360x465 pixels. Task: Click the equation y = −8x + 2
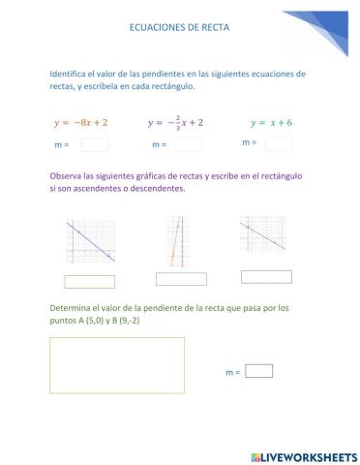pyautogui.click(x=81, y=123)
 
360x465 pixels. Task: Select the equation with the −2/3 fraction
pyautogui.click(x=175, y=123)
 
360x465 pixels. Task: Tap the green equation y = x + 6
pyautogui.click(x=271, y=123)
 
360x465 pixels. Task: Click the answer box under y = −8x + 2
pyautogui.click(x=95, y=145)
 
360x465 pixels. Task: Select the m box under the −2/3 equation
pyautogui.click(x=189, y=145)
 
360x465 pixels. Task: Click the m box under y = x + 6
pyautogui.click(x=278, y=143)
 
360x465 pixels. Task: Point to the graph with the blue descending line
pyautogui.click(x=91, y=241)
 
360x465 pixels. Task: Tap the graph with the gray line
pyautogui.click(x=262, y=235)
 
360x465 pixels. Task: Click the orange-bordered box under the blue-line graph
pyautogui.click(x=89, y=282)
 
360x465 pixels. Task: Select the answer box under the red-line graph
pyautogui.click(x=181, y=279)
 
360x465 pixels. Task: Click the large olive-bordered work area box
pyautogui.click(x=116, y=364)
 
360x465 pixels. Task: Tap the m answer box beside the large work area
pyautogui.click(x=259, y=370)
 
